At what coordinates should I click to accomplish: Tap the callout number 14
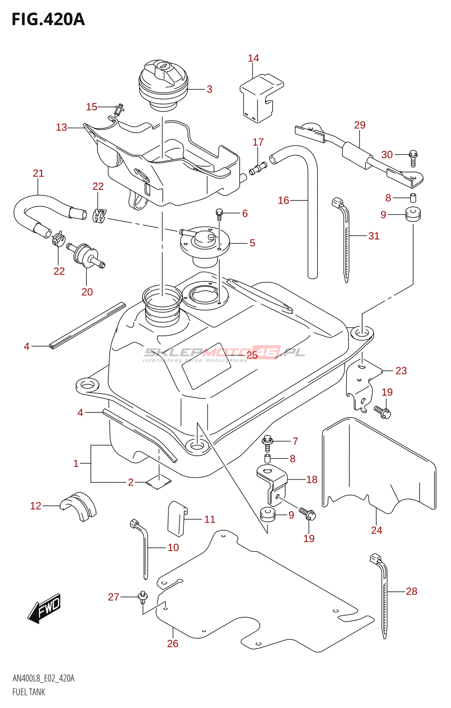253,58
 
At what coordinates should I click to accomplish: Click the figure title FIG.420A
48,19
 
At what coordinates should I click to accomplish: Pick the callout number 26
172,643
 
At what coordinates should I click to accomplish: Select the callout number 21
38,173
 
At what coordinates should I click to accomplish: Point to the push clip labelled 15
119,109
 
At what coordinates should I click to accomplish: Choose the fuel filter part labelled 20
85,255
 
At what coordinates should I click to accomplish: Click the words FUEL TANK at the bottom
29,692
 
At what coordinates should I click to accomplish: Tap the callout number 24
376,530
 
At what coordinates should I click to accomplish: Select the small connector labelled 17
258,168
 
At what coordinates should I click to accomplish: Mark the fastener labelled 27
142,597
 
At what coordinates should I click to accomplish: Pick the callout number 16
283,200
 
